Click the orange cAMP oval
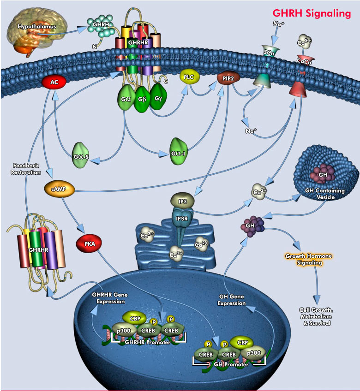point(59,189)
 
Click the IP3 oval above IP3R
point(181,201)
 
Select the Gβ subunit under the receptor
point(142,101)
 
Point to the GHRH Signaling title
point(312,13)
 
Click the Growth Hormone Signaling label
point(308,259)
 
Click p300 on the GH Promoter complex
point(253,352)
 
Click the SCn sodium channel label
point(267,53)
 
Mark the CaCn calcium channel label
point(303,59)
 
